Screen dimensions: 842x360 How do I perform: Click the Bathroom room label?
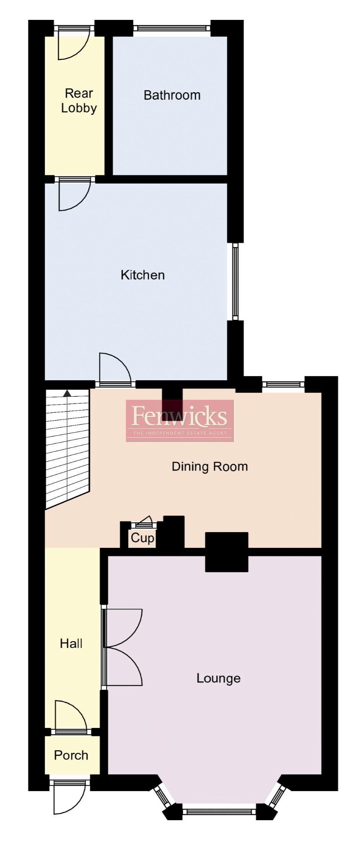[172, 95]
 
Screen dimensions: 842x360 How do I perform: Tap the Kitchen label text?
[143, 275]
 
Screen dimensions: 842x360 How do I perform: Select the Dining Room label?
[210, 466]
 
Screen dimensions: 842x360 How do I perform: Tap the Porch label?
[71, 755]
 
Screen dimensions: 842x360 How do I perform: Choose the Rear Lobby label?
[79, 101]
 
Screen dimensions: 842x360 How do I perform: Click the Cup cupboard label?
[142, 538]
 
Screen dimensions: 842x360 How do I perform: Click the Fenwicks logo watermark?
[179, 420]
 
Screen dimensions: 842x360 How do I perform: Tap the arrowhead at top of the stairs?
[67, 392]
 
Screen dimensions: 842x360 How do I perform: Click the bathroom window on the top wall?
[171, 28]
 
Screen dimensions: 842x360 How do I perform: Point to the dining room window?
[283, 384]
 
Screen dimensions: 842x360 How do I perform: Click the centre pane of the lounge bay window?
[219, 810]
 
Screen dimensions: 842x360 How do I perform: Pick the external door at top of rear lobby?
[73, 44]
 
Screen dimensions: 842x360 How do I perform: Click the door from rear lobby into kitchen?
[75, 195]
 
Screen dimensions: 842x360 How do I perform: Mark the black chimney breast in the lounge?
[226, 552]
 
